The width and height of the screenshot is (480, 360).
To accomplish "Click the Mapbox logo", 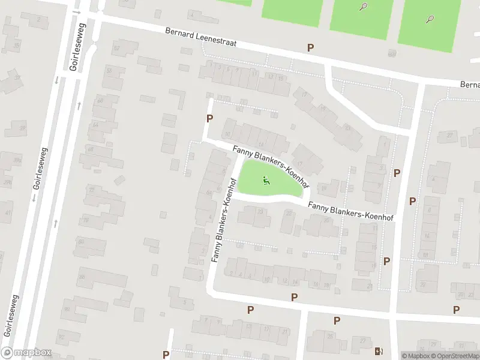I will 26,353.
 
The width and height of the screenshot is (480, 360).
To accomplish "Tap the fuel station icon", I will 378,351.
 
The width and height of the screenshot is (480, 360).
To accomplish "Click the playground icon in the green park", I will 266,179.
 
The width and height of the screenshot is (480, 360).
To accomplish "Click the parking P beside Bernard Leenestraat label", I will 310,47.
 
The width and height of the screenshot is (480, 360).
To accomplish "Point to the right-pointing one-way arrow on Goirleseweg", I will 76,12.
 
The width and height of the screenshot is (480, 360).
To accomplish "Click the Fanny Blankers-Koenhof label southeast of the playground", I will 350,212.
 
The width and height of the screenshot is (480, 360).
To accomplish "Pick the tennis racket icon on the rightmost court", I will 430,19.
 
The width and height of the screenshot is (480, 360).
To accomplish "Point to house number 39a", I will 7,182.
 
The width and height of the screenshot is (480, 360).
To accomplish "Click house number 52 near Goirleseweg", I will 116,47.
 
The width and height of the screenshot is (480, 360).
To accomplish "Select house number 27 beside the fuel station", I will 362,341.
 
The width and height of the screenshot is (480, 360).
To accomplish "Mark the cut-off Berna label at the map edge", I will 470,85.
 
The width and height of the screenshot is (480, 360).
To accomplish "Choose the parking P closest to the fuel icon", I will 337,320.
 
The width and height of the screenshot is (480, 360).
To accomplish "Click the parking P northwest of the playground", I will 209,118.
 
